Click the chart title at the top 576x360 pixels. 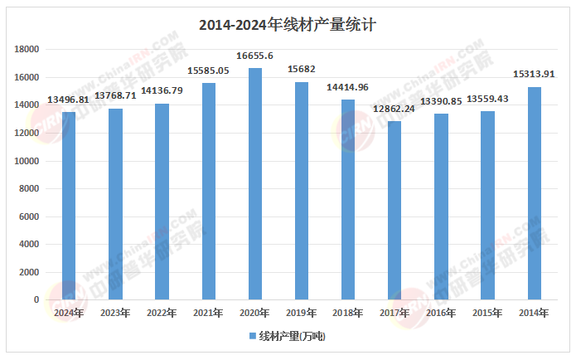pos(288,26)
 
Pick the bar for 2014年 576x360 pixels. pos(535,193)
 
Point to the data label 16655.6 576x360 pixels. pos(255,56)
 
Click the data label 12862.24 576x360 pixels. pos(394,109)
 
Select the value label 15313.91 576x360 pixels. pos(535,75)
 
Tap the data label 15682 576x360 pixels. pos(302,70)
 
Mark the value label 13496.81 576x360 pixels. pos(69,100)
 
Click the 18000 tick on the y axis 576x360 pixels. pos(28,50)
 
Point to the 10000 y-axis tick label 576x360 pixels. pos(28,161)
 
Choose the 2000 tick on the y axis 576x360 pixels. pos(31,272)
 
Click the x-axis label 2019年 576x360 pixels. pos(302,313)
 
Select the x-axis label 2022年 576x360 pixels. pos(162,313)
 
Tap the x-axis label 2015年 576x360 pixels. pos(488,313)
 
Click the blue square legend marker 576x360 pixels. pos(253,336)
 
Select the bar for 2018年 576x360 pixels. pos(348,200)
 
